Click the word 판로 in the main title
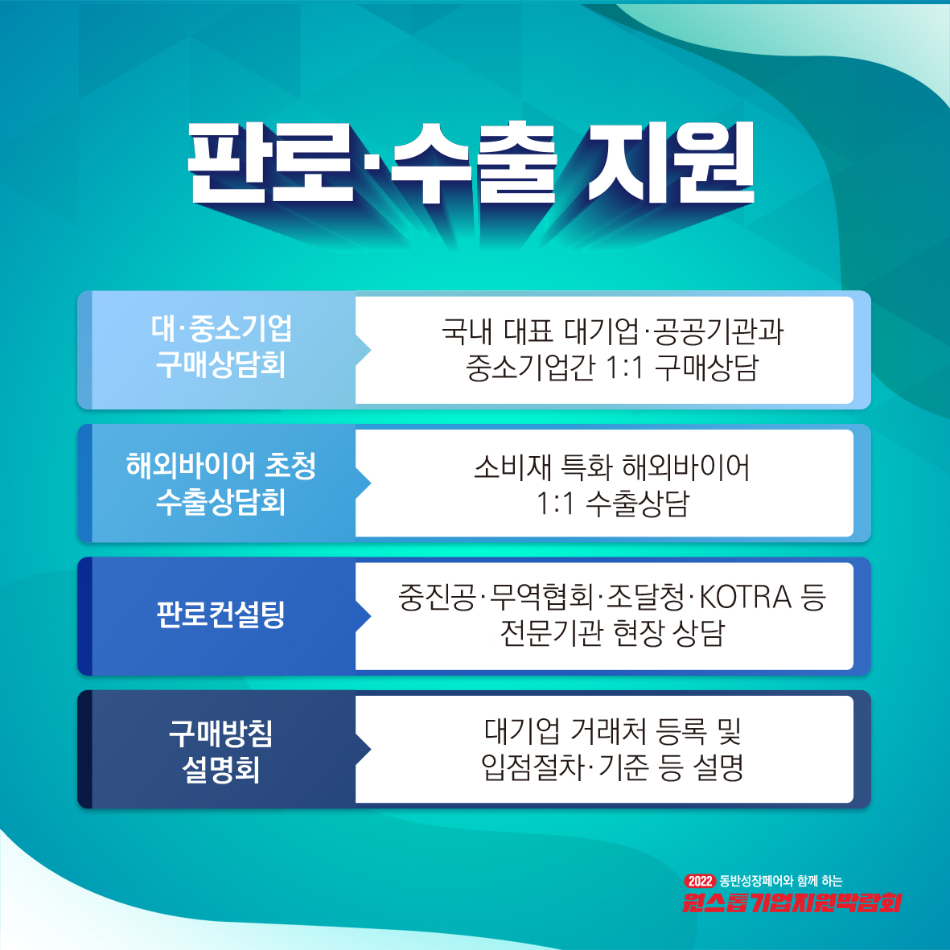pyautogui.click(x=269, y=162)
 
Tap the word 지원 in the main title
pyautogui.click(x=672, y=162)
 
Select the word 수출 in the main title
pyautogui.click(x=473, y=162)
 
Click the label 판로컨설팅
pyautogui.click(x=220, y=615)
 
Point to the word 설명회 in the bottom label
pyautogui.click(x=220, y=770)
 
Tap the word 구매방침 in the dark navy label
pyautogui.click(x=220, y=733)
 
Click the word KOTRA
pyautogui.click(x=745, y=597)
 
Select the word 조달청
pyautogui.click(x=646, y=596)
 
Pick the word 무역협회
pyautogui.click(x=541, y=596)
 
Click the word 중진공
pyautogui.click(x=437, y=596)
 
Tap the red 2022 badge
pyautogui.click(x=700, y=881)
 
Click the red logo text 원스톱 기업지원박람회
pyautogui.click(x=792, y=902)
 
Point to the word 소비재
pyautogui.click(x=512, y=467)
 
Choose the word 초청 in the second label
pyautogui.click(x=291, y=465)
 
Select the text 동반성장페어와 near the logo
pyautogui.click(x=756, y=881)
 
